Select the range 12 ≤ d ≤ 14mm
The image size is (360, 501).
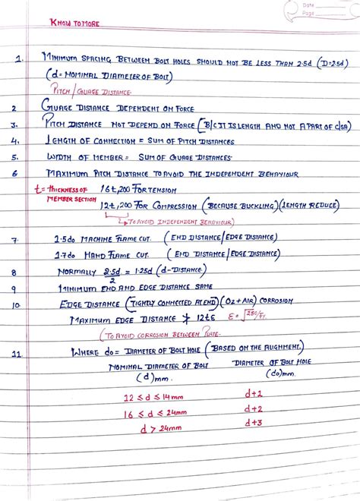pyautogui.click(x=154, y=397)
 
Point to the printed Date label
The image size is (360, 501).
pyautogui.click(x=307, y=6)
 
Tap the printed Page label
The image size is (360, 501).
pyautogui.click(x=307, y=14)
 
